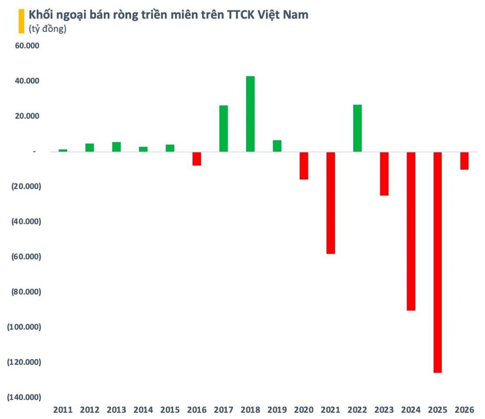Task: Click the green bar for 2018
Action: tap(250, 114)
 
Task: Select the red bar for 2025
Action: tap(437, 262)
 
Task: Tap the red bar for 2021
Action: tap(331, 203)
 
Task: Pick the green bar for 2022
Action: tap(357, 128)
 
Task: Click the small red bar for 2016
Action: tap(197, 159)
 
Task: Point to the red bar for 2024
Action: tap(411, 231)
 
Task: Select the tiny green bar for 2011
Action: tap(63, 150)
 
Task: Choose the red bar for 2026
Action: tap(464, 161)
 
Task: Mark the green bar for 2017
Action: tap(224, 128)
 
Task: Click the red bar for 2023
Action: tap(384, 174)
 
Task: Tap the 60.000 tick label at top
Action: tap(27, 46)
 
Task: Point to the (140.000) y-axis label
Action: tap(24, 397)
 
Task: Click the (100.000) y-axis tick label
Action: tap(24, 327)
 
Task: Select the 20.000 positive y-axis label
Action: tap(27, 116)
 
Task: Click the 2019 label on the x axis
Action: tap(277, 410)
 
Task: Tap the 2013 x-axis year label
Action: tap(116, 410)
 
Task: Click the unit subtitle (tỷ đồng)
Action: tap(47, 29)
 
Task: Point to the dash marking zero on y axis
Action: tap(35, 152)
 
